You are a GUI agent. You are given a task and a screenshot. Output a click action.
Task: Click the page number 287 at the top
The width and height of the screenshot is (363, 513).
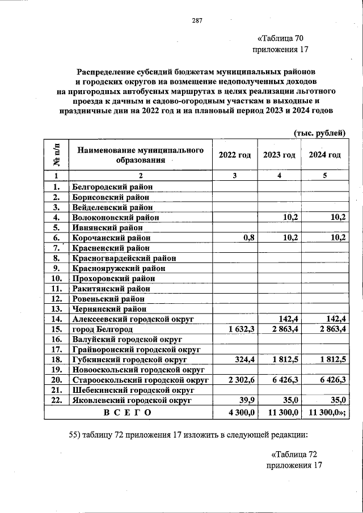point(197,20)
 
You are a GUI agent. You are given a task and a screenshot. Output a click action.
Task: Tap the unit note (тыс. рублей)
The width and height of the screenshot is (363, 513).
point(319,133)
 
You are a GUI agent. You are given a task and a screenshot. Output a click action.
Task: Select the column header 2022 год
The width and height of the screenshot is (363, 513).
point(234,155)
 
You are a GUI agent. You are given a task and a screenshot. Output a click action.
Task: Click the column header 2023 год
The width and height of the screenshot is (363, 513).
point(279,155)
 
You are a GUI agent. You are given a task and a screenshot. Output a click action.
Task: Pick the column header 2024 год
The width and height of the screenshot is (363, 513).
point(324,155)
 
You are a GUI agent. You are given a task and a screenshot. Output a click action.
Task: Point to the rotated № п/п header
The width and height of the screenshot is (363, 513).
point(57,155)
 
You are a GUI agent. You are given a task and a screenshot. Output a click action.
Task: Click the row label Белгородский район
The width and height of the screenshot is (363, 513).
point(112,186)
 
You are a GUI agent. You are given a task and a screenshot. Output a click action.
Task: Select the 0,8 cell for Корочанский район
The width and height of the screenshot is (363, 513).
point(247,238)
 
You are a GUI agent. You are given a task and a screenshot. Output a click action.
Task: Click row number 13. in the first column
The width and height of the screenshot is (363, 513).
point(56,309)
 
